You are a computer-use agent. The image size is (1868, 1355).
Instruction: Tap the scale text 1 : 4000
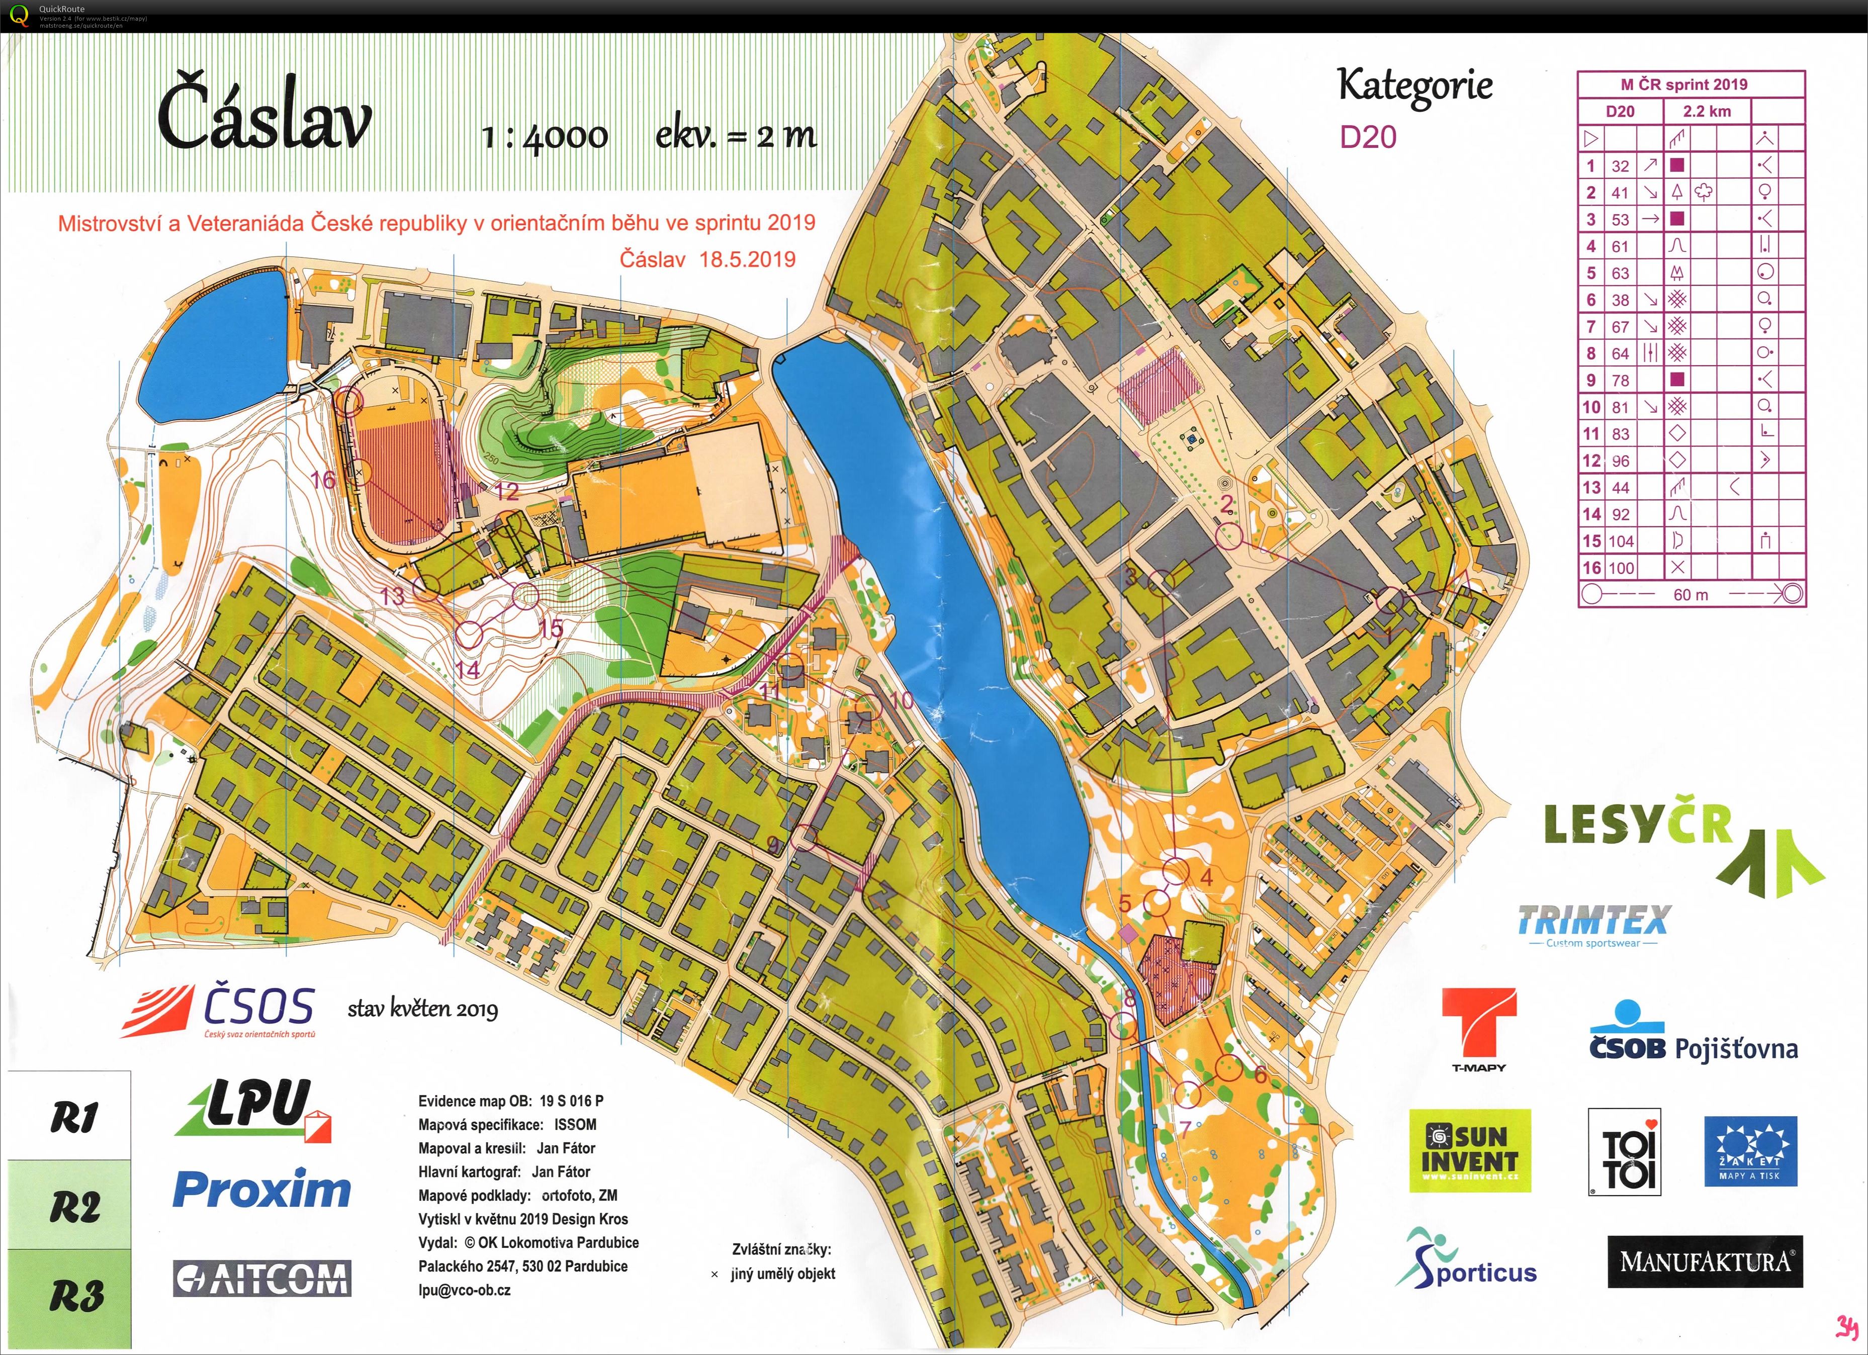click(545, 136)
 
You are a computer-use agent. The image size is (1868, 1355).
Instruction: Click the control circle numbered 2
click(1229, 536)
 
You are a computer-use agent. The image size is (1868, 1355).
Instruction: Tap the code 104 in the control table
click(1622, 541)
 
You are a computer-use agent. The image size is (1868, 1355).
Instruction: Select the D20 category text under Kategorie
click(1368, 137)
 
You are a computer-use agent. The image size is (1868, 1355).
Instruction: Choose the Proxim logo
click(262, 1190)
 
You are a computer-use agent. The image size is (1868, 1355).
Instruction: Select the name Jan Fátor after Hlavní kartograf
click(561, 1171)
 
